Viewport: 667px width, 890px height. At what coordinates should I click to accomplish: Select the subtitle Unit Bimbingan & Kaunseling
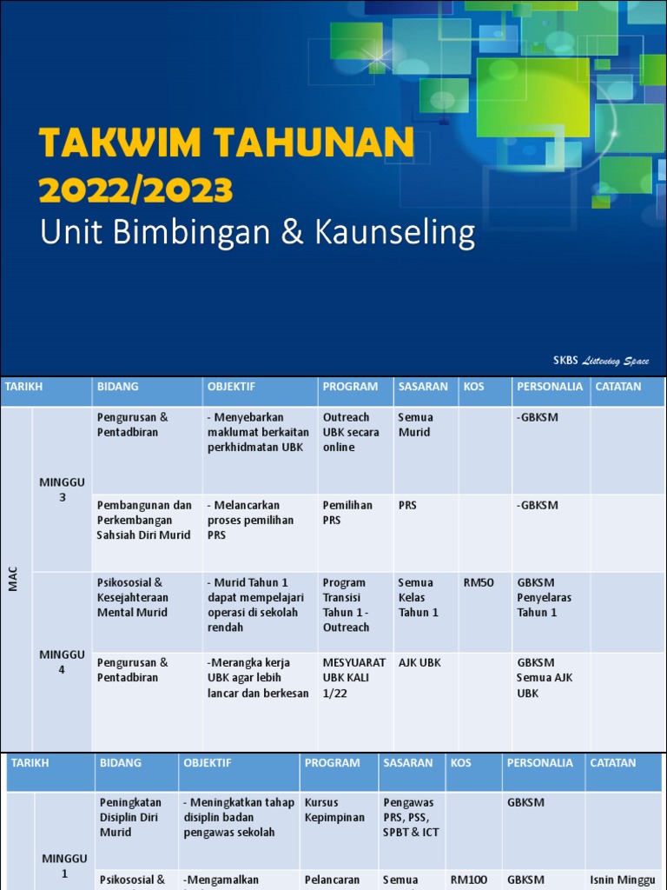tap(258, 233)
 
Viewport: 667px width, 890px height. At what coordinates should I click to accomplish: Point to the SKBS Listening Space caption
tap(601, 361)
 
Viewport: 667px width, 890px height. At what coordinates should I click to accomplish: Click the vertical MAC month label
tap(13, 580)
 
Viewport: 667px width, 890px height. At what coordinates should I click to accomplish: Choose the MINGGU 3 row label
tap(62, 490)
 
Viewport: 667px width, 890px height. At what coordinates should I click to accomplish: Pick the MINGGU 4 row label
tap(62, 661)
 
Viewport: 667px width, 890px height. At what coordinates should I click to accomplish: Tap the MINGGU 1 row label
tap(64, 866)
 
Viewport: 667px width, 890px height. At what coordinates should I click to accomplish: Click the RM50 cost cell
tap(479, 582)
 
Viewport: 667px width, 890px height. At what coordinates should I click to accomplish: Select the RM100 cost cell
tap(469, 880)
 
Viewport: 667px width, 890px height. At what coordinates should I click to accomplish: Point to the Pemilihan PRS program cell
tap(347, 512)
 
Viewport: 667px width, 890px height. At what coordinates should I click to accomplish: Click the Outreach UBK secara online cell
tap(351, 432)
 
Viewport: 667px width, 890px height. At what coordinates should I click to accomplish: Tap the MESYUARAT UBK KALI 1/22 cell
tap(353, 677)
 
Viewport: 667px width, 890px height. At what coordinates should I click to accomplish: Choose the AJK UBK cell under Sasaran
tap(419, 662)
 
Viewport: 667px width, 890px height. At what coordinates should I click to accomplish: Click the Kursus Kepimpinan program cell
tap(334, 810)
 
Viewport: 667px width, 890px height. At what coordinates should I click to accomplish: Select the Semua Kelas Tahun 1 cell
tap(419, 597)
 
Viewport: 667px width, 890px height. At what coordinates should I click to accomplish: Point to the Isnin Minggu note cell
tap(622, 880)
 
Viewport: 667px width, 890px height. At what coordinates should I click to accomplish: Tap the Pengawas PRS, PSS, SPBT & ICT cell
tap(411, 817)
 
